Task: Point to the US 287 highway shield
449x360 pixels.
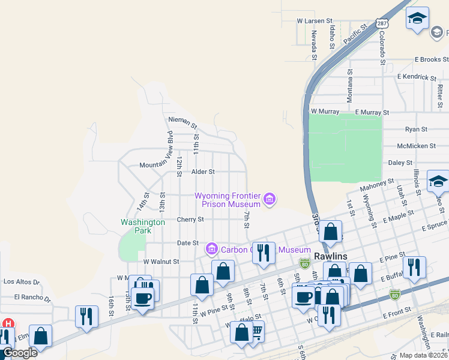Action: (x=382, y=23)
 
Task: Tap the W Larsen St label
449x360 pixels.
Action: (x=310, y=21)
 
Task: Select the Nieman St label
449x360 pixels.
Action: (x=182, y=123)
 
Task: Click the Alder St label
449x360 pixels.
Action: (x=203, y=172)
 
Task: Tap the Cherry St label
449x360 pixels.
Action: (x=190, y=220)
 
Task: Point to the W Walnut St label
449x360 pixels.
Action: (x=161, y=262)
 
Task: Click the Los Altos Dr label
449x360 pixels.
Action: (x=21, y=281)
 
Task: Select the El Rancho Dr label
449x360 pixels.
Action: (x=30, y=297)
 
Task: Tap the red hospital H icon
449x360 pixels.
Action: (x=8, y=324)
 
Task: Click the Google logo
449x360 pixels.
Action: (x=19, y=353)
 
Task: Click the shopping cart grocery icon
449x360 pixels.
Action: (x=256, y=330)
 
